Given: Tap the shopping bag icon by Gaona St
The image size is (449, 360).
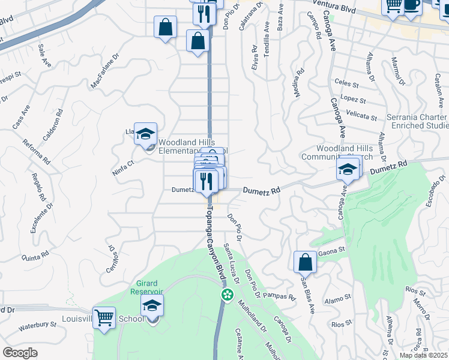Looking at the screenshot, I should click(x=305, y=262).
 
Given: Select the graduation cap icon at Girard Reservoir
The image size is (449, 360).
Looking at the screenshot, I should click(x=152, y=305).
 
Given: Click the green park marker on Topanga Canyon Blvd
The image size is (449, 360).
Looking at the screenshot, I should click(x=227, y=295).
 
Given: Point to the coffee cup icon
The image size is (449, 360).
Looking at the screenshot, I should click(x=412, y=5).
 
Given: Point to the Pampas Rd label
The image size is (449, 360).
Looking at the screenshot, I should click(x=280, y=296).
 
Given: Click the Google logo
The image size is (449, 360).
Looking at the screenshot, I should click(x=20, y=353).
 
